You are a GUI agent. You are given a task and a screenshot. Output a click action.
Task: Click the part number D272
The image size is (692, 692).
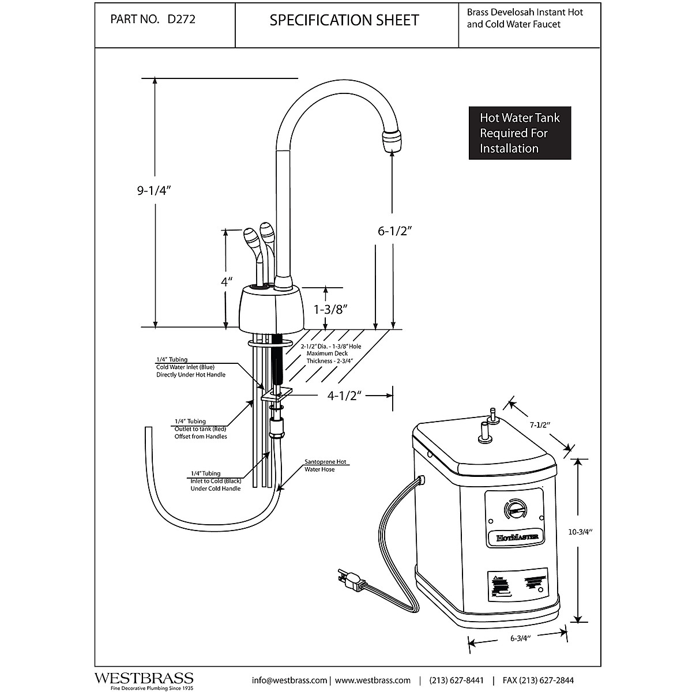[181, 20]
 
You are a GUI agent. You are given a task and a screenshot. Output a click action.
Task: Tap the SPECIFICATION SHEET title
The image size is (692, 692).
[344, 20]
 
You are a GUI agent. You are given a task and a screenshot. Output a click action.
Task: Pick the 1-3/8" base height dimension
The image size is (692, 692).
[329, 309]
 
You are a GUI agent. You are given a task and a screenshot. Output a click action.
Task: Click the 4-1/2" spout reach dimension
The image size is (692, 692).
[344, 396]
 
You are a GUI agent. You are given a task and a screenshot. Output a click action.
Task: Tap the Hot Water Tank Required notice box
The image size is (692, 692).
[520, 133]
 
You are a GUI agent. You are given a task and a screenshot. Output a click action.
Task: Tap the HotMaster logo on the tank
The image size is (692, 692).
[513, 537]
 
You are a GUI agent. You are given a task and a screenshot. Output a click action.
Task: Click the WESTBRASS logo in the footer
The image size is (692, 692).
[144, 679]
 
